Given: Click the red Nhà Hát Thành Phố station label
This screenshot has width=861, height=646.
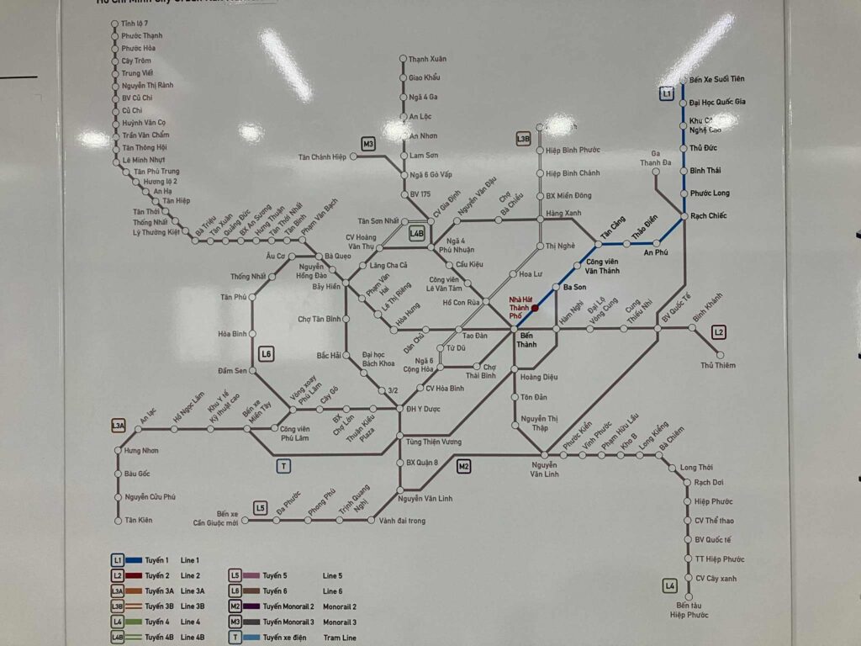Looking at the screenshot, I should tap(520, 307).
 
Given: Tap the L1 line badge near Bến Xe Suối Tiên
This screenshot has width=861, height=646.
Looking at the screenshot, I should tap(666, 94).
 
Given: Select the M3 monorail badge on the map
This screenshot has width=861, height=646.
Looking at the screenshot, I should tap(368, 144).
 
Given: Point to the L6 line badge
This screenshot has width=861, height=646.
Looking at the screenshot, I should tap(267, 354).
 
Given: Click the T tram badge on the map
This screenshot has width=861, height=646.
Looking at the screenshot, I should tap(284, 466).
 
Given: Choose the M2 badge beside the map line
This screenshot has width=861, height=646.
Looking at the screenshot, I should tap(464, 466).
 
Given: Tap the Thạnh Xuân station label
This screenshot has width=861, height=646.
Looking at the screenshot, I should tap(427, 60).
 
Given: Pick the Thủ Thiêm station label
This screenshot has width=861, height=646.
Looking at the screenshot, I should tap(718, 365).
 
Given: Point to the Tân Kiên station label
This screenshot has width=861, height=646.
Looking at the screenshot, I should tap(139, 520).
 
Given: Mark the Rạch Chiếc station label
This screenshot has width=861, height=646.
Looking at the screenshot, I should tap(709, 216).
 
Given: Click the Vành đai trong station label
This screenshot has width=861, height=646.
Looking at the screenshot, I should tap(402, 521).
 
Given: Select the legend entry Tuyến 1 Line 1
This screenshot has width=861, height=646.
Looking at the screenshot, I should tap(156, 559).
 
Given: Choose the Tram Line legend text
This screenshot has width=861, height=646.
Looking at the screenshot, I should tap(339, 638).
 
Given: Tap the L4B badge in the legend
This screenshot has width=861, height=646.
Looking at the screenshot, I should tap(119, 638).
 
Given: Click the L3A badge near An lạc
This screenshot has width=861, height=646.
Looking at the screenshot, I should tap(119, 426).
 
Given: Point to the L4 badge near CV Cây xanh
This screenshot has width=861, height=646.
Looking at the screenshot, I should tap(670, 585).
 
